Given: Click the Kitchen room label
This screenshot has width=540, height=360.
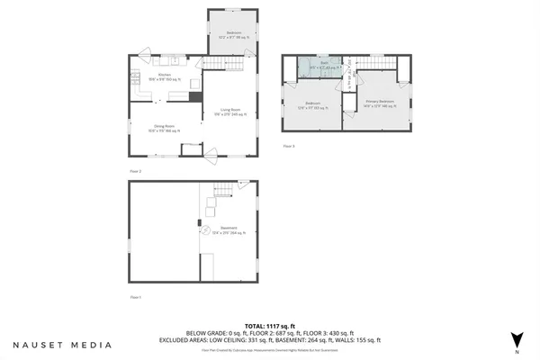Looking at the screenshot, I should [164, 76].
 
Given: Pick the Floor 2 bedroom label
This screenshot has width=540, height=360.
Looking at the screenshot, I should [234, 35].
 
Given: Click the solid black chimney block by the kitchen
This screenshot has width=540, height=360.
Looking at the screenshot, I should [193, 95].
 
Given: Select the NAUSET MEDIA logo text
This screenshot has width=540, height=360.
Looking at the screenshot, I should [62, 344].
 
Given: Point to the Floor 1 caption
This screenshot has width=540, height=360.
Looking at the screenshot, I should [136, 297].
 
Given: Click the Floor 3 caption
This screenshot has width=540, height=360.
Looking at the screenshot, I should [289, 145].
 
